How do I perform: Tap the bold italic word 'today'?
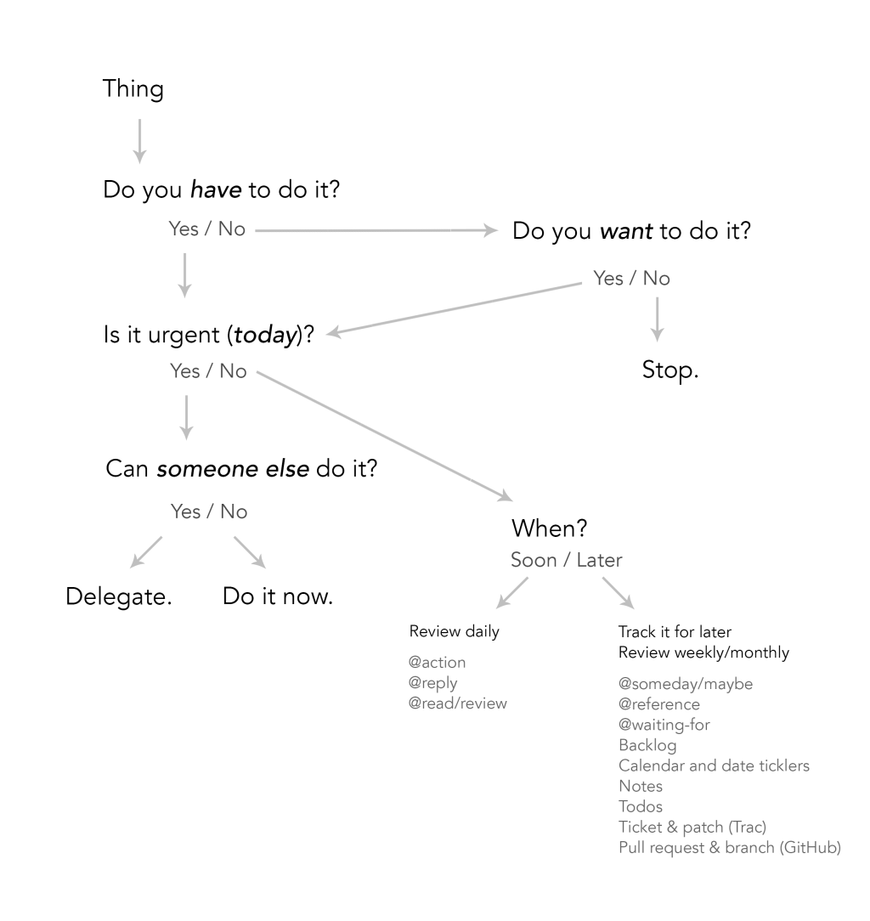[265, 334]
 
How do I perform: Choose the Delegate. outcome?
[119, 596]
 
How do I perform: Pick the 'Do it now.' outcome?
[277, 596]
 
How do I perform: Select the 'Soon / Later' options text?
[566, 560]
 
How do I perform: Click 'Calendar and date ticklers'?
[714, 766]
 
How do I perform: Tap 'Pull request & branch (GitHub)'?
[730, 848]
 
